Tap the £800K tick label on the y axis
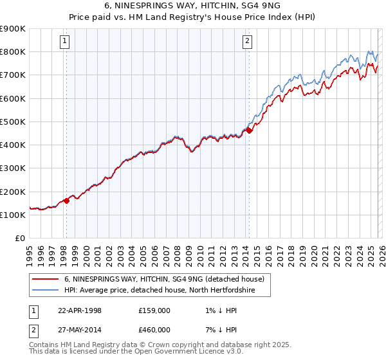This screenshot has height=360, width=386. coord(13,52)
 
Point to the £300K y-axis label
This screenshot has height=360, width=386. coord(13,168)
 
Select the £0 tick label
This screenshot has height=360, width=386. coord(19,239)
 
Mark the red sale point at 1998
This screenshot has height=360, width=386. coord(66,201)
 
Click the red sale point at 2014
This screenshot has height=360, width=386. coord(249,130)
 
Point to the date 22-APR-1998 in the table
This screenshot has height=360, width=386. coord(80,310)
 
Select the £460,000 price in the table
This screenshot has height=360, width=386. coord(154,330)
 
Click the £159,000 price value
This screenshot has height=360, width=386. coord(154,310)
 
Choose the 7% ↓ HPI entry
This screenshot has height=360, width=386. coord(217,330)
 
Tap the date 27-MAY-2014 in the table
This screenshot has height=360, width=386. coord(80,330)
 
